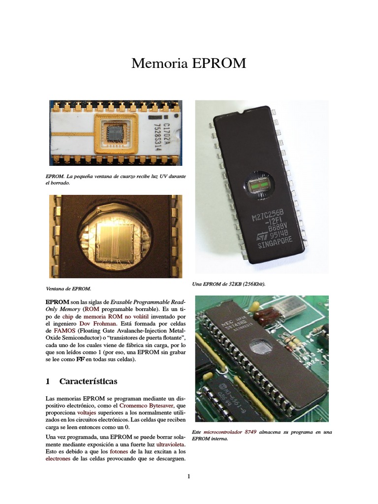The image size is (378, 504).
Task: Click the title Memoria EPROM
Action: [189, 64]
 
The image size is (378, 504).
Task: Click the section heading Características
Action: [88, 381]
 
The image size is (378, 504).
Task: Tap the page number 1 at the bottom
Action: [189, 476]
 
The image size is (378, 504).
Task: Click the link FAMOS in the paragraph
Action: [57, 332]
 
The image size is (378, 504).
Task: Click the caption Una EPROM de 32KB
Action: [232, 284]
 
